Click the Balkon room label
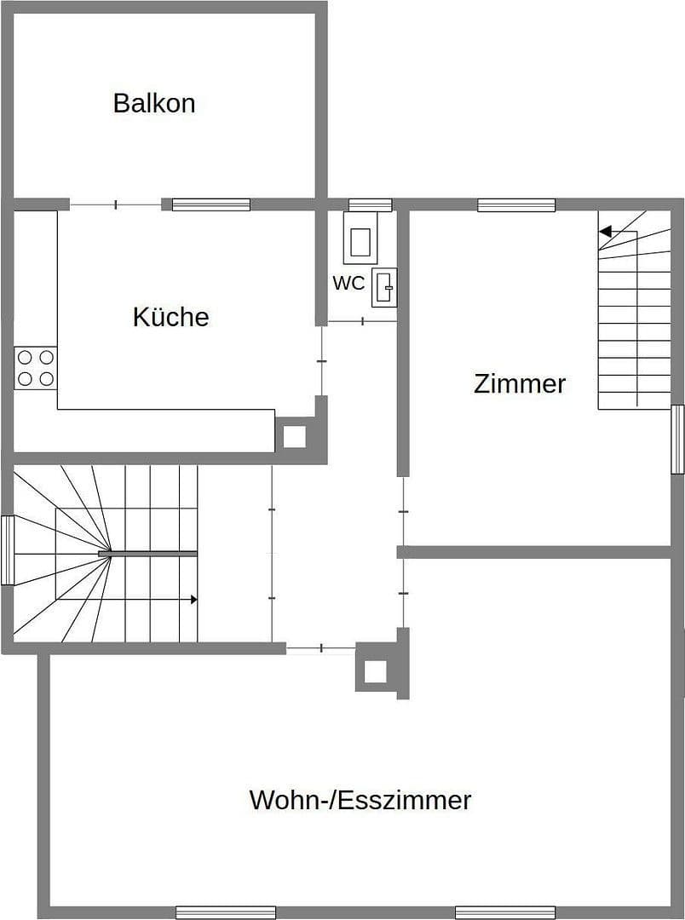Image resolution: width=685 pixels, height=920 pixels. [154, 103]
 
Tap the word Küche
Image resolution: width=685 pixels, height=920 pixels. [170, 317]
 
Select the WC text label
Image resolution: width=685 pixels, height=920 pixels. [348, 284]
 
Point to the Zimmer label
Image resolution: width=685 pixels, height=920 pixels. [519, 383]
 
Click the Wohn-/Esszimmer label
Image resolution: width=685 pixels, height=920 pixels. [360, 801]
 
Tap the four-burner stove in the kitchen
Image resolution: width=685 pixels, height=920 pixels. [36, 368]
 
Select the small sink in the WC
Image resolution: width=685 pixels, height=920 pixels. [385, 288]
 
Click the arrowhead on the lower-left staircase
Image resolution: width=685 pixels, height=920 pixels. [194, 600]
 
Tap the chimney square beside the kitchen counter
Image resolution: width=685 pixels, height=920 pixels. [294, 436]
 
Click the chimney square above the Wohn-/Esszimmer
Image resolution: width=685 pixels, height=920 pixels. [375, 671]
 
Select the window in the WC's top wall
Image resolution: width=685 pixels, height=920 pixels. [371, 204]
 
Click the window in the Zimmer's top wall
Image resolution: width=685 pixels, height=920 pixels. [516, 204]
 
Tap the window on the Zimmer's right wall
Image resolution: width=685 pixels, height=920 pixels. [677, 440]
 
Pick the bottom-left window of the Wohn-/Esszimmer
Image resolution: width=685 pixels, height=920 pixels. [226, 912]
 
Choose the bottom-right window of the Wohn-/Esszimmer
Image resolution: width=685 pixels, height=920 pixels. [505, 912]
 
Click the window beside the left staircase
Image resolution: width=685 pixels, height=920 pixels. [8, 550]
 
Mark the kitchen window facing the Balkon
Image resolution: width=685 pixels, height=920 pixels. [211, 204]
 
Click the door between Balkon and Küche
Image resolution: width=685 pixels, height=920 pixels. [115, 204]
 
